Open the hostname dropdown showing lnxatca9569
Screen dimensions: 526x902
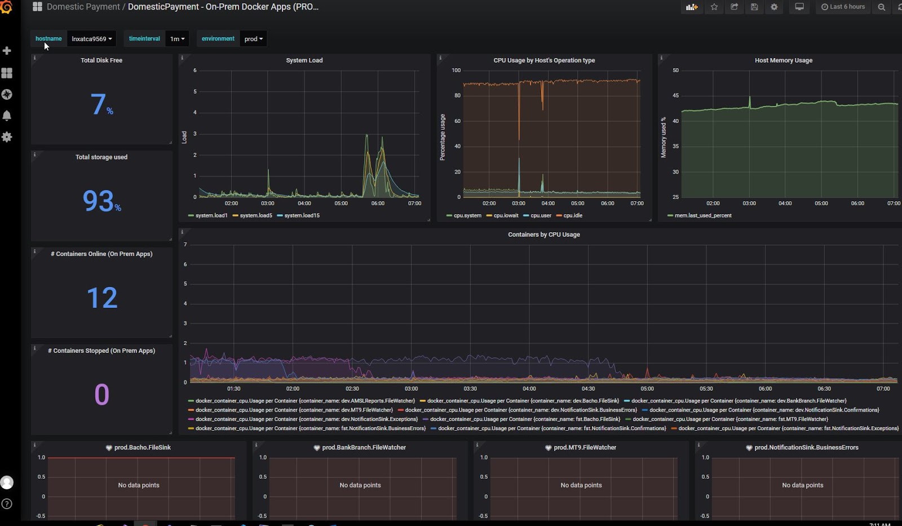(91, 39)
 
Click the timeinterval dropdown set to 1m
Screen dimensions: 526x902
(177, 39)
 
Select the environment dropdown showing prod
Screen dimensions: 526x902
(253, 39)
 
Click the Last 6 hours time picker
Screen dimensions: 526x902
(843, 7)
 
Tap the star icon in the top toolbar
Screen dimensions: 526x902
(714, 7)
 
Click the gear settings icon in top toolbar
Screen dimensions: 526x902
(774, 7)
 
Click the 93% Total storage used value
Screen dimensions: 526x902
(100, 201)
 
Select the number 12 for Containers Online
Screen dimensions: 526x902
(102, 298)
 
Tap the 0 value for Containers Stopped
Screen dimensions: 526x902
(101, 395)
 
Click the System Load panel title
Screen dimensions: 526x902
(304, 60)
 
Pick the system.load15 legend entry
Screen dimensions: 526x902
(302, 215)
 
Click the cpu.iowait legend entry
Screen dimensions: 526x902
(506, 215)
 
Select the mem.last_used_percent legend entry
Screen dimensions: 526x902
(702, 215)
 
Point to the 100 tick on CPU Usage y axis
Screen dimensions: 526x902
(456, 70)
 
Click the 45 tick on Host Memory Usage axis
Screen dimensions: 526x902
(675, 96)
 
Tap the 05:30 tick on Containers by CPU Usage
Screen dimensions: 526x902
(706, 388)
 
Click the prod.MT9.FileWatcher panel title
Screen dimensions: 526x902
(585, 448)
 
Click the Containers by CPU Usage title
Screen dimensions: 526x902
(543, 235)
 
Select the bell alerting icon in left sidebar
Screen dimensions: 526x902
(7, 116)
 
